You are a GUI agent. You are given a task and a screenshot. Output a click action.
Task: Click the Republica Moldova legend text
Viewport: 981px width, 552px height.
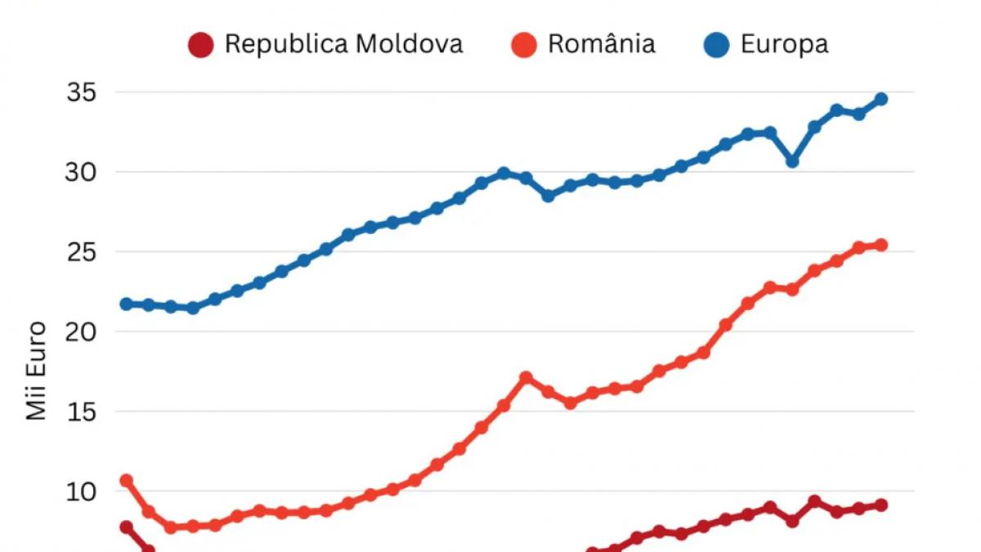click(343, 43)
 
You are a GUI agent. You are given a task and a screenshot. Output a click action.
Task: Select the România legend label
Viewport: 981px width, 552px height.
click(601, 43)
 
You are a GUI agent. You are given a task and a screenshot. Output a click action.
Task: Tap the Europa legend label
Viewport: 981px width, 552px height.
click(784, 43)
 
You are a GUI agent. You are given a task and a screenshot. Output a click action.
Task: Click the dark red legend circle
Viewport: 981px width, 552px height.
click(200, 45)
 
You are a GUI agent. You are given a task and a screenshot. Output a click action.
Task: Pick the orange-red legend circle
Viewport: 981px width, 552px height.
click(523, 45)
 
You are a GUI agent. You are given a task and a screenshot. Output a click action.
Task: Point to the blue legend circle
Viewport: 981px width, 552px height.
click(716, 45)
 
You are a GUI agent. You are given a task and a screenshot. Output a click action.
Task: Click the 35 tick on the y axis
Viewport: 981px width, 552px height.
click(81, 92)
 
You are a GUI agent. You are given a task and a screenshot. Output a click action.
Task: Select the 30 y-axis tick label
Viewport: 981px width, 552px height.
click(81, 173)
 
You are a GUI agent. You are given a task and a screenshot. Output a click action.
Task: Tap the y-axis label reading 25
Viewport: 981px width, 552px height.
click(81, 252)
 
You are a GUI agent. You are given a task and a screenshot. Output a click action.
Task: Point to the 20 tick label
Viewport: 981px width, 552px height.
click(81, 332)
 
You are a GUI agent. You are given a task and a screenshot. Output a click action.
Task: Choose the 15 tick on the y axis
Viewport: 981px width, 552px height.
click(81, 411)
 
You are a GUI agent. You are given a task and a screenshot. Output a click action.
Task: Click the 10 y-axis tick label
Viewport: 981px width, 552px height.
click(81, 491)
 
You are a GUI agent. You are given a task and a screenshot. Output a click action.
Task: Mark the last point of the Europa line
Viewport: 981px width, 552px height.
click(880, 99)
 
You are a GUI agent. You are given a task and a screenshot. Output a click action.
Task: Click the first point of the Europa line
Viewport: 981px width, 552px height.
click(127, 304)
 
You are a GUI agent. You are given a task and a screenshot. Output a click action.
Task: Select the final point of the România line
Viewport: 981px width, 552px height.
click(880, 245)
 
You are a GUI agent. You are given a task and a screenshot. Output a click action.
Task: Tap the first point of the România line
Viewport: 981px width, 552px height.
click(127, 480)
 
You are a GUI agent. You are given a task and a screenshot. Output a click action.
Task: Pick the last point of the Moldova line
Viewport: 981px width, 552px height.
click(880, 505)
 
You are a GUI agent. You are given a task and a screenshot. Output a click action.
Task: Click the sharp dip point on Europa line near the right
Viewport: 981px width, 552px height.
click(792, 162)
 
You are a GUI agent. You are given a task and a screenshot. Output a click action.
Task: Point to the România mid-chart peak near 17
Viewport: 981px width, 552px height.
click(526, 378)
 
